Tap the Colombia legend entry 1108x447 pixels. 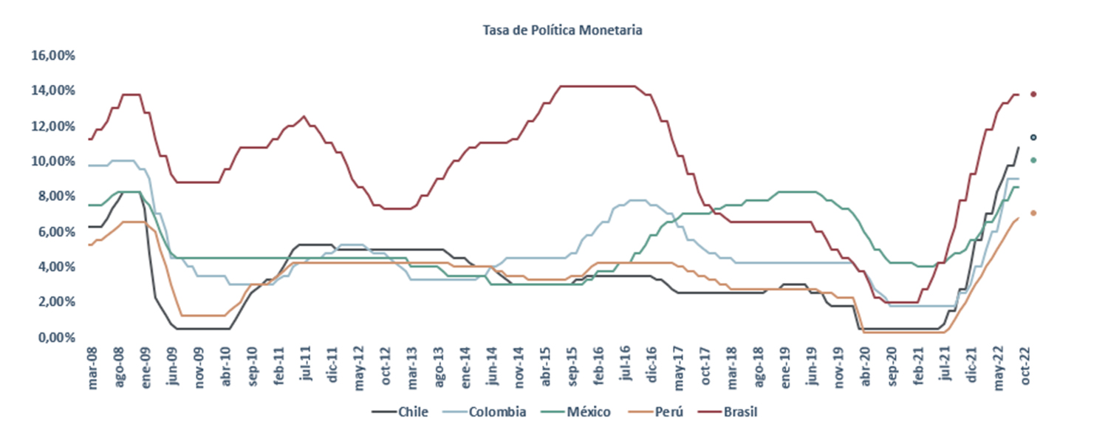pos(497,412)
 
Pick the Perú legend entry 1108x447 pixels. pos(663,412)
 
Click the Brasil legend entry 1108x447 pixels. pos(742,412)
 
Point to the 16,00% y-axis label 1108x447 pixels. pos(52,55)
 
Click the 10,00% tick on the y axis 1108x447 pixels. pos(52,161)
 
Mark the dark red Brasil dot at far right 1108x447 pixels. pos(1033,94)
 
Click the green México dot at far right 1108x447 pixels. pos(1033,160)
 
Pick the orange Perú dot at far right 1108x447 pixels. pos(1033,213)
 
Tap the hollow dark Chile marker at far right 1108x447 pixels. pos(1033,137)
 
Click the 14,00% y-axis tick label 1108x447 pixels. pos(52,90)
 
